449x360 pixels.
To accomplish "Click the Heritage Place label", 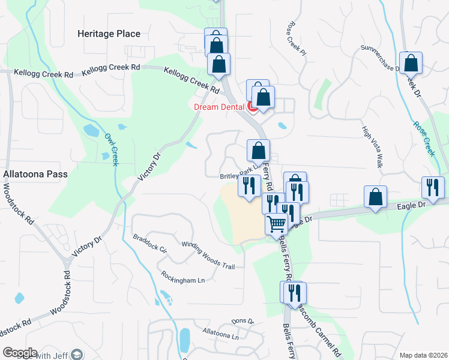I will coord(109,34).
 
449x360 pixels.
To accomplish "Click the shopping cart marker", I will coord(276,224).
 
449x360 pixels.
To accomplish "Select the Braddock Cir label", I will coord(150,244).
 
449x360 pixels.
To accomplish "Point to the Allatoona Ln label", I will coord(220,334).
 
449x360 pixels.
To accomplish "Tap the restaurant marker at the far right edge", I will coord(432,187).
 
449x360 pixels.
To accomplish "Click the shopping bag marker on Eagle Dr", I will coord(375,197).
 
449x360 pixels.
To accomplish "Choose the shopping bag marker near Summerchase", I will coord(411,62).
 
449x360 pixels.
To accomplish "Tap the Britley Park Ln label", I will coord(238,176).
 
